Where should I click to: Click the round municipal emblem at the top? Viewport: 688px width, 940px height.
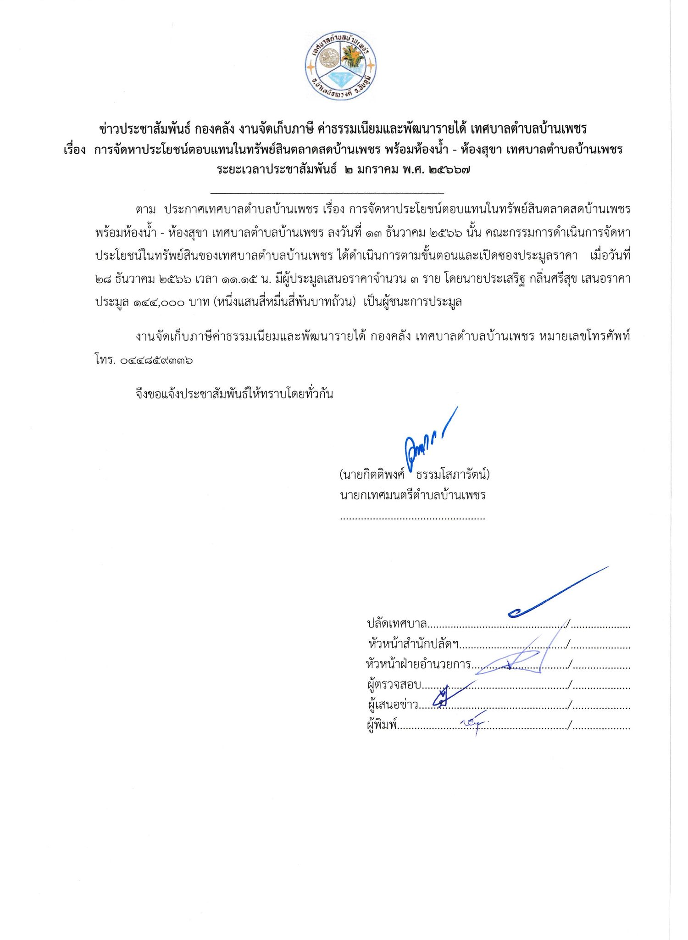(340, 66)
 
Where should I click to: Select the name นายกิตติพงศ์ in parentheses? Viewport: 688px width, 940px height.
(372, 475)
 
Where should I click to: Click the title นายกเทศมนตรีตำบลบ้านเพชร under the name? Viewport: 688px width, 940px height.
(412, 496)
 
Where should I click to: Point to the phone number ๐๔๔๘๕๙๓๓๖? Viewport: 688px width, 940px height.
(156, 360)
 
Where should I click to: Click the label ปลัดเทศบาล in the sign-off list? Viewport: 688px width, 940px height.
(397, 624)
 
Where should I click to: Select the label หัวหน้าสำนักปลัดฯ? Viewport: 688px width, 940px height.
(413, 644)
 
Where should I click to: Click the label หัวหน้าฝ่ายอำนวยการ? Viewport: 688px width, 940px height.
(419, 664)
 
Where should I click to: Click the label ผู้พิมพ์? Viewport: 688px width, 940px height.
(382, 725)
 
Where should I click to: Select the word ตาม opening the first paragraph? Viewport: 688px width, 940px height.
(145, 209)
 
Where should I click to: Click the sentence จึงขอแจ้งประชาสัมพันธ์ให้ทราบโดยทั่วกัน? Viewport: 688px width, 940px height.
(234, 394)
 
